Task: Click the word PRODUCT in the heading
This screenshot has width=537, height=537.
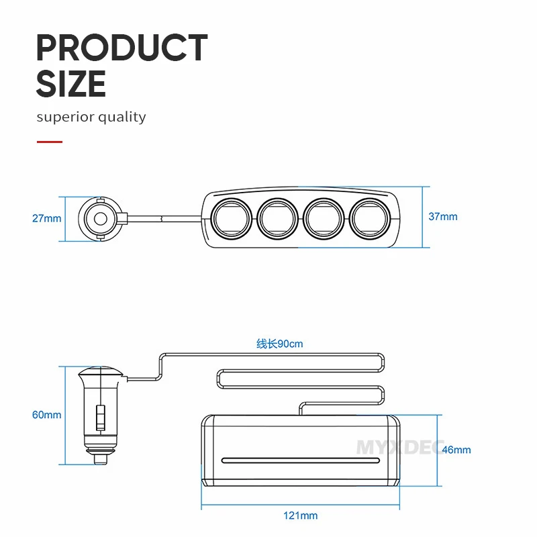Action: (x=122, y=48)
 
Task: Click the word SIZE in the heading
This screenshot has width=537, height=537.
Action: (x=71, y=83)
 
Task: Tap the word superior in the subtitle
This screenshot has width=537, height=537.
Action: (x=64, y=117)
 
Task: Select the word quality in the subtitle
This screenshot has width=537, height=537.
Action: (x=122, y=117)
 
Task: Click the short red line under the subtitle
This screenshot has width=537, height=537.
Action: (x=50, y=142)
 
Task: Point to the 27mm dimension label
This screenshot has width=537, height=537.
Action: (x=46, y=219)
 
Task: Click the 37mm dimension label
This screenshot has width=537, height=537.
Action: (x=443, y=216)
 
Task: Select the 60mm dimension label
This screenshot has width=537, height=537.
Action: (x=46, y=415)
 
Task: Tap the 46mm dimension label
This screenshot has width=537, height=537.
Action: (x=456, y=450)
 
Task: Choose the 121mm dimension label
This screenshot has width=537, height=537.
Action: (x=300, y=516)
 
